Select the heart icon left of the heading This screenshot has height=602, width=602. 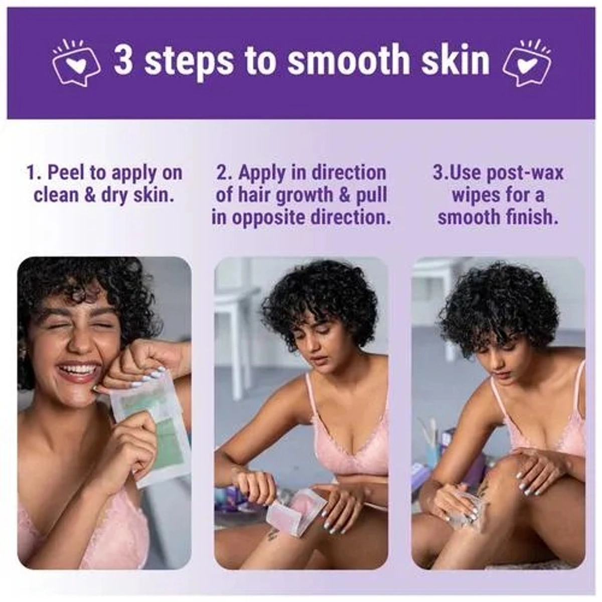(x=76, y=63)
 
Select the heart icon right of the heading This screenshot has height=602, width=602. (x=526, y=63)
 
